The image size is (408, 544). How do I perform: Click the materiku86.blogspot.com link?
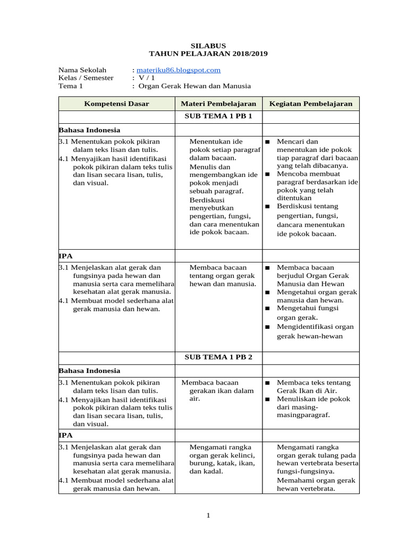point(178,70)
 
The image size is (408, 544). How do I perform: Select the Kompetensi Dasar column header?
point(116,104)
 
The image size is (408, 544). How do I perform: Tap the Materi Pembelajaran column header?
point(218,104)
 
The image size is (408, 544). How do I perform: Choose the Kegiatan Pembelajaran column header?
point(311,104)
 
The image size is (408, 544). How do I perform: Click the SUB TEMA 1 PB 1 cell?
point(218,116)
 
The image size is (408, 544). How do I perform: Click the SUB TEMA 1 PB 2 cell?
point(218,357)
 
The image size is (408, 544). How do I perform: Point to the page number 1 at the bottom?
point(209,515)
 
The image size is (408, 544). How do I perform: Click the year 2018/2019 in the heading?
point(245,54)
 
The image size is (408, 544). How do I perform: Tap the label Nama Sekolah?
point(82,70)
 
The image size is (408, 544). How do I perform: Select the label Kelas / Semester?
point(86,78)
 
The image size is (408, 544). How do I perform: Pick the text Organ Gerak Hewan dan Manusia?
point(194,86)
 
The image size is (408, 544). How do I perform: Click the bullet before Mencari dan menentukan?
point(268,142)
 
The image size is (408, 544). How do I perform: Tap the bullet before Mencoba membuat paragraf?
point(268,174)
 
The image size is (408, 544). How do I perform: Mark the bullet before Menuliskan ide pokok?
point(268,399)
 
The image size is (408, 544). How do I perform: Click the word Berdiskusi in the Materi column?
point(207,200)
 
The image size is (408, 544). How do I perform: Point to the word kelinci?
point(244,455)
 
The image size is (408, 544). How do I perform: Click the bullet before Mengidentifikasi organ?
point(268,327)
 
